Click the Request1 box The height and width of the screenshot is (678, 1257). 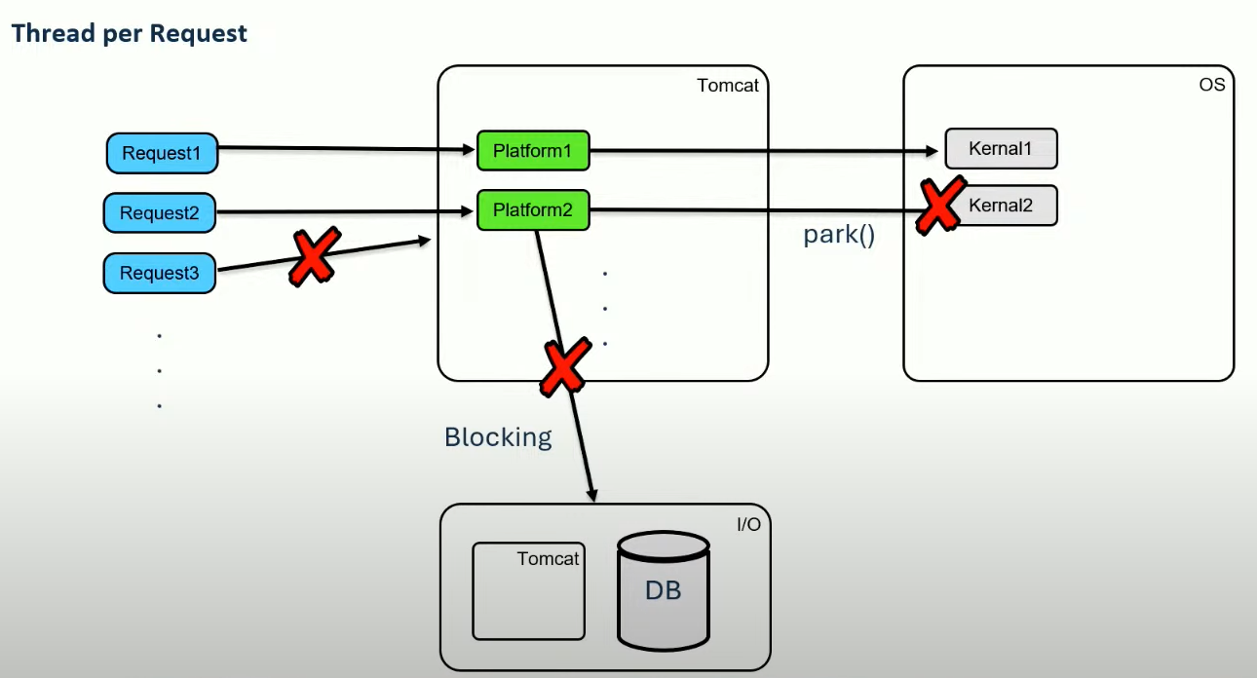click(x=162, y=153)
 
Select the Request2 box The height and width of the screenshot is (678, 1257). click(x=160, y=213)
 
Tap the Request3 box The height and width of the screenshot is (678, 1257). click(x=160, y=273)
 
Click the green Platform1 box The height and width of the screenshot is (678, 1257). click(x=533, y=151)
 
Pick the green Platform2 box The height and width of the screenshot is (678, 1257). click(x=533, y=210)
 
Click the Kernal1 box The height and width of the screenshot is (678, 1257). click(x=1002, y=149)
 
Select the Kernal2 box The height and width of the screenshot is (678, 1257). click(x=1002, y=206)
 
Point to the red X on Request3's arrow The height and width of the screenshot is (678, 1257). click(x=315, y=257)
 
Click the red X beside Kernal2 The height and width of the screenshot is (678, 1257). click(x=940, y=206)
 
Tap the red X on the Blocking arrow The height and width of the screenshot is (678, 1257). click(x=565, y=366)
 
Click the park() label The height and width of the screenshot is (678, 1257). click(x=839, y=235)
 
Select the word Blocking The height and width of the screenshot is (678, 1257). click(x=498, y=437)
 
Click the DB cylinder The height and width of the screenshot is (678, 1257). click(x=664, y=591)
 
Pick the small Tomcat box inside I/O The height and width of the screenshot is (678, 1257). click(x=528, y=591)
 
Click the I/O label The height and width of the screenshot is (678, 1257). click(x=748, y=524)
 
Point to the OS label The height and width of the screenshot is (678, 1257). click(x=1212, y=85)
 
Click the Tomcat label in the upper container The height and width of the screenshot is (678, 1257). click(x=727, y=86)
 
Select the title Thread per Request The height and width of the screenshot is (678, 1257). click(x=129, y=33)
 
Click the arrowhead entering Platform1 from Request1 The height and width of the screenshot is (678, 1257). click(x=469, y=149)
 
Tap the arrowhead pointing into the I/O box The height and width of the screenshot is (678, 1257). click(x=592, y=495)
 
